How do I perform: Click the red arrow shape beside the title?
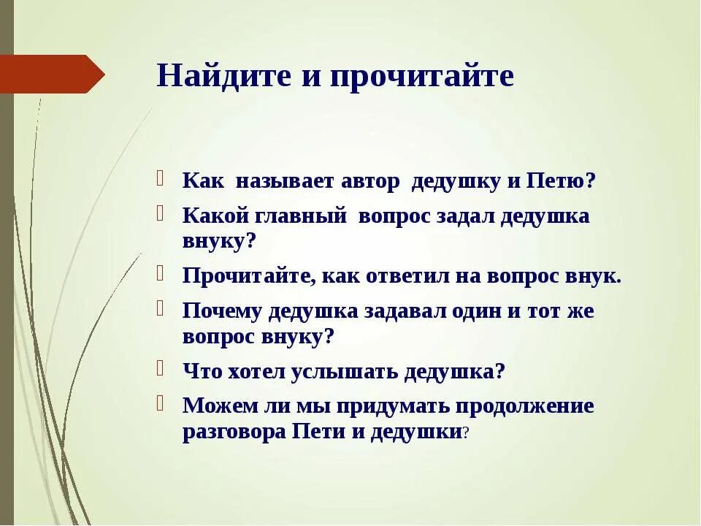point(51,74)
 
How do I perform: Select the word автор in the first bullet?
point(370,182)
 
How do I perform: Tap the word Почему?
point(221,311)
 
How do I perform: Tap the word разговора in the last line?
point(234,431)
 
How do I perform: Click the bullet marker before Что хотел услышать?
point(160,369)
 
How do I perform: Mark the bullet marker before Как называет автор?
point(160,180)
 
